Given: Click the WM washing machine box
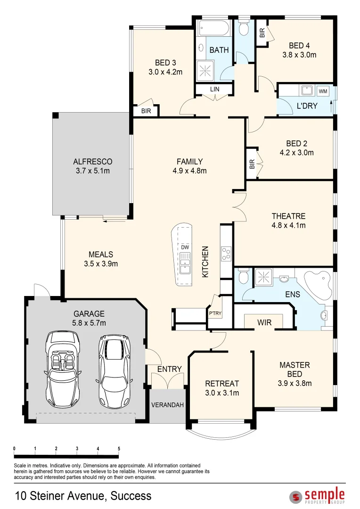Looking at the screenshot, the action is click(x=323, y=91).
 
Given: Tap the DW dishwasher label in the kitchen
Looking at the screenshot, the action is click(x=185, y=247).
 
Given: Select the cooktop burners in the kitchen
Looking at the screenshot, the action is click(x=226, y=254).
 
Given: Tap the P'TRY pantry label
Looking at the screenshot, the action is click(x=215, y=313).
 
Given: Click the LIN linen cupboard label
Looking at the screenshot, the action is click(x=214, y=89).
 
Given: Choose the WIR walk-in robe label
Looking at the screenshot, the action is click(x=264, y=322).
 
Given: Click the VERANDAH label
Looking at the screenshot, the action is click(x=167, y=405).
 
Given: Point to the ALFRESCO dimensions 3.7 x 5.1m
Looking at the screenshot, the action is click(x=93, y=171).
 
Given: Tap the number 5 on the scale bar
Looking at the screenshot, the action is click(x=119, y=449).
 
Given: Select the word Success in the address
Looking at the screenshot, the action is click(x=131, y=496).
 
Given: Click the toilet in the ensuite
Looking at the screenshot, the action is click(x=243, y=277).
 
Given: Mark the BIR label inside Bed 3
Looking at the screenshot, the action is click(x=146, y=111).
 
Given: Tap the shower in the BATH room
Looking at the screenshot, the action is click(x=205, y=70).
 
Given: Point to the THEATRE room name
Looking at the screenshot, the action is click(x=288, y=216).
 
